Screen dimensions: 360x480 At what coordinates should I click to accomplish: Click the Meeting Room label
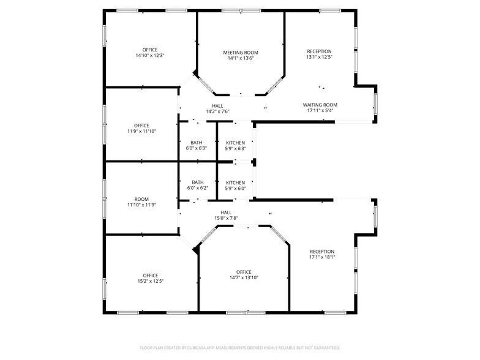pyautogui.click(x=240, y=53)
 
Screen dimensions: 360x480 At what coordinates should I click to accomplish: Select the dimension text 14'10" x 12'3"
pyautogui.click(x=150, y=56)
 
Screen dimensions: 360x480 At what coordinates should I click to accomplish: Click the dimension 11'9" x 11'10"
pyautogui.click(x=141, y=131)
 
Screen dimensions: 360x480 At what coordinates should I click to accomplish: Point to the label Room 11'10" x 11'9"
pyautogui.click(x=141, y=202)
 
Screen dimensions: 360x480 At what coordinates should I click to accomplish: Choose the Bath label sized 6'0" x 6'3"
pyautogui.click(x=196, y=143)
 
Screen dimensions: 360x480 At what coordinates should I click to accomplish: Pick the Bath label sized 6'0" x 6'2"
pyautogui.click(x=198, y=182)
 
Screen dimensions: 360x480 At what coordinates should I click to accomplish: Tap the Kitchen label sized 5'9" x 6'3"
pyautogui.click(x=235, y=143)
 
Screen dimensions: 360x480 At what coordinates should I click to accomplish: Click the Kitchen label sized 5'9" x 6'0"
pyautogui.click(x=235, y=182)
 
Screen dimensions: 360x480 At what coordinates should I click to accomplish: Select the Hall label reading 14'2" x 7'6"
pyautogui.click(x=217, y=106)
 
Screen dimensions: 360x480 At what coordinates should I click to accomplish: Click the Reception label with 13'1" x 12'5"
pyautogui.click(x=319, y=51)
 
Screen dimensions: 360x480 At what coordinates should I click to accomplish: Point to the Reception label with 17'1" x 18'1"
pyautogui.click(x=322, y=252)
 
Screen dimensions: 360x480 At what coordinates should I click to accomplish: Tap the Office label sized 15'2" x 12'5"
pyautogui.click(x=151, y=276)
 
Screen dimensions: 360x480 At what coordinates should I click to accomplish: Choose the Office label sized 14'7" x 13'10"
pyautogui.click(x=244, y=272)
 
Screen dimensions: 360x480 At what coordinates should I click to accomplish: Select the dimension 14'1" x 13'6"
pyautogui.click(x=240, y=59)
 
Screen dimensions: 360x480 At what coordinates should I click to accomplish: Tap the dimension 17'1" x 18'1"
pyautogui.click(x=322, y=257)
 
